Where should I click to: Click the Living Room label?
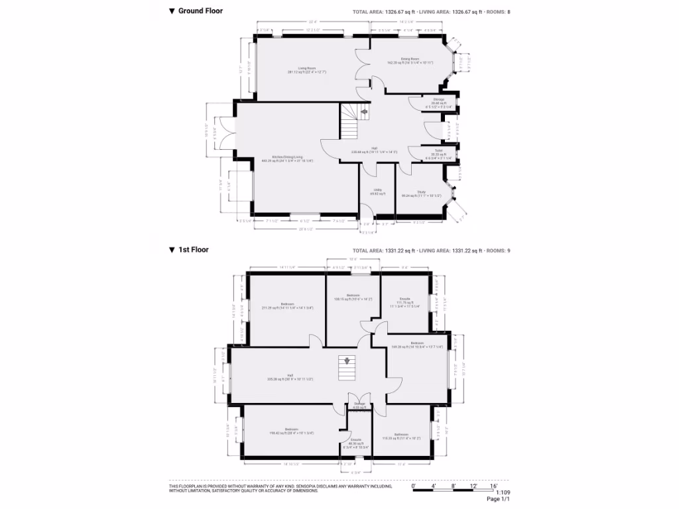(x=306, y=68)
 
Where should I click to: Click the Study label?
(x=421, y=192)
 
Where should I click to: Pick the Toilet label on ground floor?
(x=438, y=150)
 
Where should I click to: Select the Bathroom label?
(x=401, y=435)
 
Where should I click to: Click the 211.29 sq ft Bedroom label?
(x=287, y=304)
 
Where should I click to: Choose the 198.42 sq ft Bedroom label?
(x=291, y=429)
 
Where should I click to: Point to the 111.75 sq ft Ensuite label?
(x=405, y=299)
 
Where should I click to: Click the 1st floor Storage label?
(x=359, y=404)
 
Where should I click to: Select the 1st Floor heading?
(x=193, y=250)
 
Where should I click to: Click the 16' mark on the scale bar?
(x=494, y=486)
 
